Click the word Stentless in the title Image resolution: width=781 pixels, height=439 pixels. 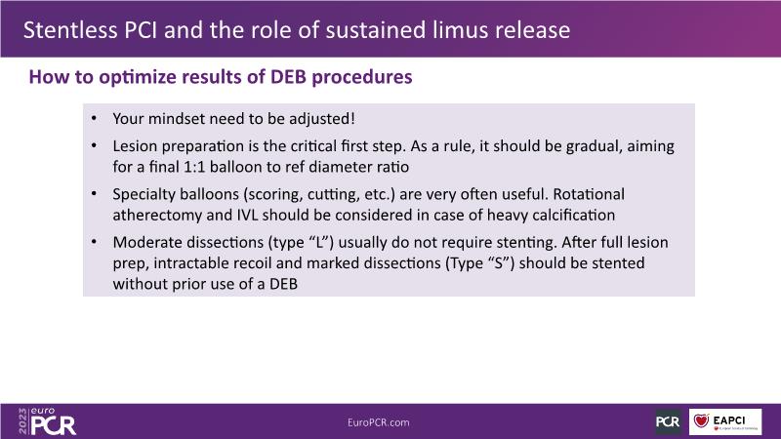pyautogui.click(x=69, y=30)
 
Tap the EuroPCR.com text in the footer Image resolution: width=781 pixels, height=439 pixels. pyautogui.click(x=379, y=422)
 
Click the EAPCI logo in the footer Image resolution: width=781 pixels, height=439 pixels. pyautogui.click(x=725, y=421)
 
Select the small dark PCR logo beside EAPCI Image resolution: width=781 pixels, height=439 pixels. pyautogui.click(x=668, y=422)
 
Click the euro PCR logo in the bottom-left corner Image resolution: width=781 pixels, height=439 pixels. pyautogui.click(x=53, y=421)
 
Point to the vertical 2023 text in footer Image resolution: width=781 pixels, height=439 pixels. pyautogui.click(x=22, y=421)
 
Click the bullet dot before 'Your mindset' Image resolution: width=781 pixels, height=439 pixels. pyautogui.click(x=94, y=118)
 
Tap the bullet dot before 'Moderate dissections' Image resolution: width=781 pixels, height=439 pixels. pyautogui.click(x=94, y=241)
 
